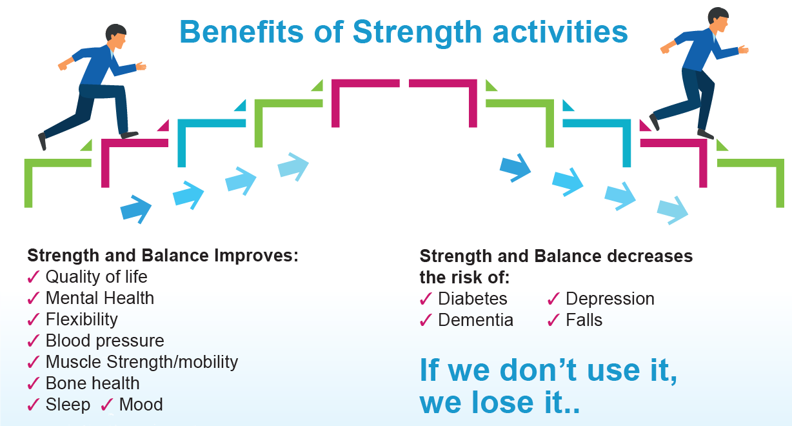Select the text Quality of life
(x=96, y=277)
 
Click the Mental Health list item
(x=99, y=298)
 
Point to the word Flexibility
(x=81, y=319)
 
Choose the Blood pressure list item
(x=104, y=341)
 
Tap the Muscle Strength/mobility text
(x=141, y=362)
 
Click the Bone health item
(x=92, y=383)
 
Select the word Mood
(x=141, y=405)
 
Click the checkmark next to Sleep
(x=34, y=405)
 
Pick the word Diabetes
(x=472, y=299)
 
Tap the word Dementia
(x=475, y=320)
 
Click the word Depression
(x=609, y=299)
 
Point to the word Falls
(x=584, y=320)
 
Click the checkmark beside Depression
(x=553, y=299)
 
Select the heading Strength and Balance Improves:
(x=163, y=255)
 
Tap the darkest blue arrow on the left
(x=136, y=208)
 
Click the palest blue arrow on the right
(x=673, y=210)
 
